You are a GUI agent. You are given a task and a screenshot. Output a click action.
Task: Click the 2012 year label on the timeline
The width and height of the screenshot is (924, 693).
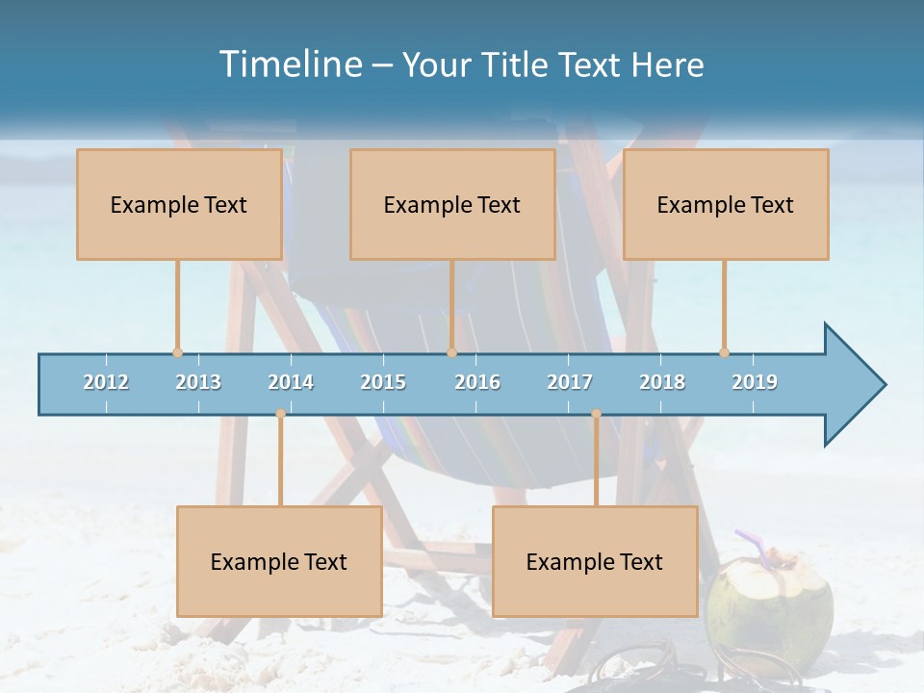pos(106,383)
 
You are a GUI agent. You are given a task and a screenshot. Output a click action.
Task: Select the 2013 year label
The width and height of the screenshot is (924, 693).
pos(198,383)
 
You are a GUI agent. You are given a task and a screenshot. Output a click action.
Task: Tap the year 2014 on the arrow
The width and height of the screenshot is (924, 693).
pos(291,383)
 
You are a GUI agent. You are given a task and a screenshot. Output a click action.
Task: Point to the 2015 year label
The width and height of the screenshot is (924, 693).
pos(383,383)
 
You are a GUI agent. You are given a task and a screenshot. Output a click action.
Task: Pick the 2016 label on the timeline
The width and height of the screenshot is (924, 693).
pos(477,383)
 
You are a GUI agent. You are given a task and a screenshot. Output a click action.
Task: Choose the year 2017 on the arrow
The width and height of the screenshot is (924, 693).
pos(570,383)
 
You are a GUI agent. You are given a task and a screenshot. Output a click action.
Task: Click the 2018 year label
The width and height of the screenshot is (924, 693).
pos(662,383)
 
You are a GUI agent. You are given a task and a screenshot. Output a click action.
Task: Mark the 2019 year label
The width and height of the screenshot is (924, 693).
pos(755,383)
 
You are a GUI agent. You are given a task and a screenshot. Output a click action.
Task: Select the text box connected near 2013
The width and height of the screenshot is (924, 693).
pos(179,205)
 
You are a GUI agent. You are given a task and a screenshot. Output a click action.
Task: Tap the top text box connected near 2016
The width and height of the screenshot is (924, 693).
pos(452,205)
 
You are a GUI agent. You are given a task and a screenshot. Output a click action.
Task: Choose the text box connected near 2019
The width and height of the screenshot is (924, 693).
pos(726,205)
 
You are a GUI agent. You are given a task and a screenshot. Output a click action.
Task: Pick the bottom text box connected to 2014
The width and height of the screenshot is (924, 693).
pos(279,562)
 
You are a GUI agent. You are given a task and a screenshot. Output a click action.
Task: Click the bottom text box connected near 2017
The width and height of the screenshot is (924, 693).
pos(595,562)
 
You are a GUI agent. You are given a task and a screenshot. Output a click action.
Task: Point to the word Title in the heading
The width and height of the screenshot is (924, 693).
pos(524,64)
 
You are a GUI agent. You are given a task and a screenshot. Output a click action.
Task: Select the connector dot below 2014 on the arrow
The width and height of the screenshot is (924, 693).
pos(280,414)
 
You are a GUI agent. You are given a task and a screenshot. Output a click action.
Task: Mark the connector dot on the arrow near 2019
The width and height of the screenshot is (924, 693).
pos(724,352)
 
